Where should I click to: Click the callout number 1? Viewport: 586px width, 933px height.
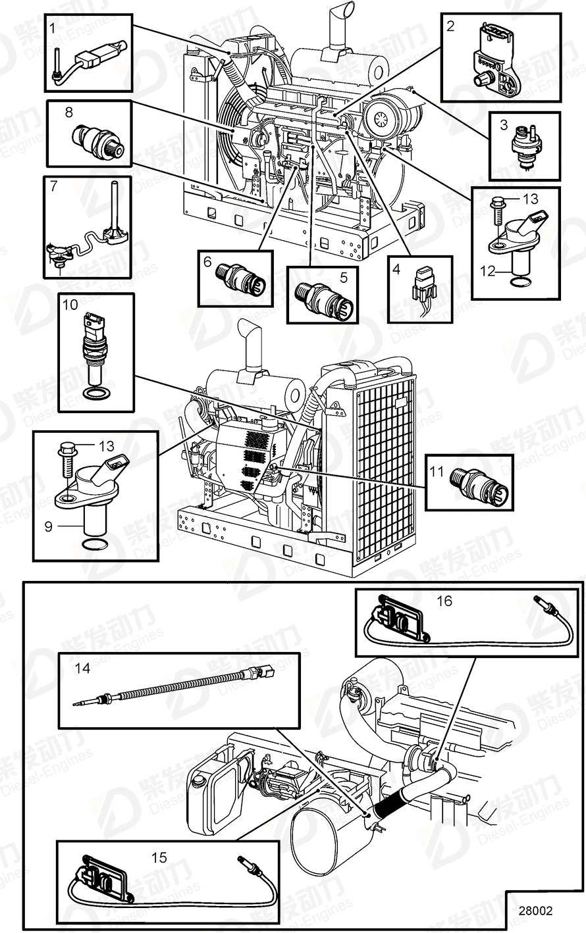pos(53,28)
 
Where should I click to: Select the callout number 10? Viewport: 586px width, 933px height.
pos(70,305)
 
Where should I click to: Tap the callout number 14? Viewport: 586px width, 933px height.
pos(82,669)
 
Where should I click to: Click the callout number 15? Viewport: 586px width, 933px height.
pos(159,857)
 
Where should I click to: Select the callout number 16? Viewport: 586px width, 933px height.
pos(444,601)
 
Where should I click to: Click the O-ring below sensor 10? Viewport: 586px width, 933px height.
pos(96,394)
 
